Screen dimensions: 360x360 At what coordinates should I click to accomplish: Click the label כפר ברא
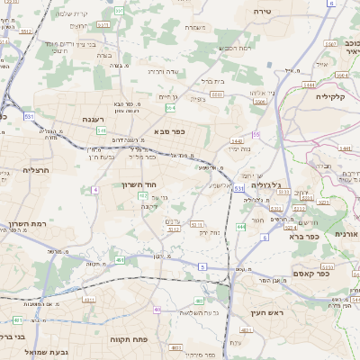(x=304, y=237)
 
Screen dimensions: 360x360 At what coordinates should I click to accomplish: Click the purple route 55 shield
(x=256, y=134)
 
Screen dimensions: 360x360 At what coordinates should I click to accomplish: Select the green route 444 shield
(x=241, y=227)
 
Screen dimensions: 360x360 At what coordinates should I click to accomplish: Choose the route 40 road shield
(x=157, y=310)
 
